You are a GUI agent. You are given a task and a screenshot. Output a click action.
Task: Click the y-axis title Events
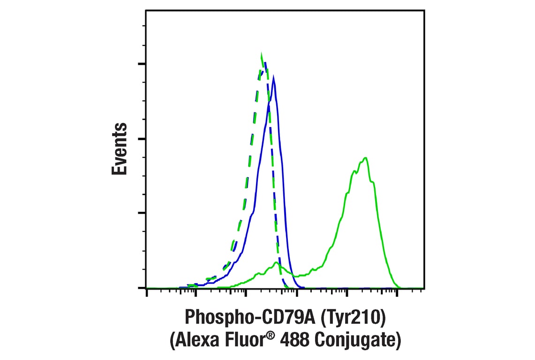coord(120,149)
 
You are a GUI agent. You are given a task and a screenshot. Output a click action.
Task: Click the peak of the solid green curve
coord(365,157)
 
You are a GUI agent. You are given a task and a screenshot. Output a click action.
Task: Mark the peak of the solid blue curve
coord(273,76)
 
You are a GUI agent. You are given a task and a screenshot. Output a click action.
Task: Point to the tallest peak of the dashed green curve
coord(262,53)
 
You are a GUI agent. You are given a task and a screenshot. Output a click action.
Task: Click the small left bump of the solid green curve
coord(276,263)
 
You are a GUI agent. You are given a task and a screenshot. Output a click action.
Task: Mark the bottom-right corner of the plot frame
coord(424,288)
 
